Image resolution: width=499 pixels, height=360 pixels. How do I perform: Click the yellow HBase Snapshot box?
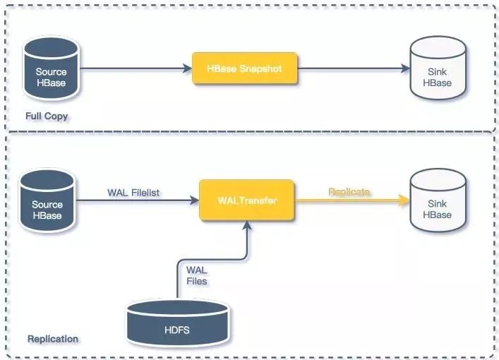pyautogui.click(x=245, y=68)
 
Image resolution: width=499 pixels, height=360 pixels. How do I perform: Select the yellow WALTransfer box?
pyautogui.click(x=246, y=200)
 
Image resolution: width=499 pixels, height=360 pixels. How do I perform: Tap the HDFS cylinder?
pyautogui.click(x=178, y=323)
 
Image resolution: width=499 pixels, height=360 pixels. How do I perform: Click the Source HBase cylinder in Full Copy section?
pyautogui.click(x=52, y=68)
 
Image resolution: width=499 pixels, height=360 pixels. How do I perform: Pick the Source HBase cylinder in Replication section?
pyautogui.click(x=47, y=200)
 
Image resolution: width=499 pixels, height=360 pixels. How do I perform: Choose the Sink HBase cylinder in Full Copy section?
pyautogui.click(x=438, y=68)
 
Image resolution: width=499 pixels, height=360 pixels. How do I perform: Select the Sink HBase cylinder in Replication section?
pyautogui.click(x=438, y=200)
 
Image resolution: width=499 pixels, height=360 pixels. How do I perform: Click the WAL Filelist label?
pyautogui.click(x=133, y=193)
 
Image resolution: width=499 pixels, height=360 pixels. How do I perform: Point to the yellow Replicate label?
pyautogui.click(x=349, y=192)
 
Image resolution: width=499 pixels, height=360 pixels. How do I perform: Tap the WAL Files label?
pyautogui.click(x=197, y=276)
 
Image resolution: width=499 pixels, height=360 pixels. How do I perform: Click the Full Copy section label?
pyautogui.click(x=47, y=116)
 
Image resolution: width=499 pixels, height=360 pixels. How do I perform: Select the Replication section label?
pyautogui.click(x=53, y=339)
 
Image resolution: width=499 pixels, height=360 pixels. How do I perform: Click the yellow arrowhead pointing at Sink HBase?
pyautogui.click(x=405, y=200)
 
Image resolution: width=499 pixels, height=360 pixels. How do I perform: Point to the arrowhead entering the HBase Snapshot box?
pyautogui.click(x=188, y=68)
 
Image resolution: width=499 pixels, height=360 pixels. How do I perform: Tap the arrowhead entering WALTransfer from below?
pyautogui.click(x=247, y=225)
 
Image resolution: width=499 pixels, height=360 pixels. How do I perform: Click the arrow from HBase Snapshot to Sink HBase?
pyautogui.click(x=354, y=68)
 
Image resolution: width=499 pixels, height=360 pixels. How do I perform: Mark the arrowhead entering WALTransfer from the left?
pyautogui.click(x=194, y=200)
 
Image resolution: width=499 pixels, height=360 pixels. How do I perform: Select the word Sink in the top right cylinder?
pyautogui.click(x=438, y=72)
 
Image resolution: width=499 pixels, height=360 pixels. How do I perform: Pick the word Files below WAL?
pyautogui.click(x=197, y=282)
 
